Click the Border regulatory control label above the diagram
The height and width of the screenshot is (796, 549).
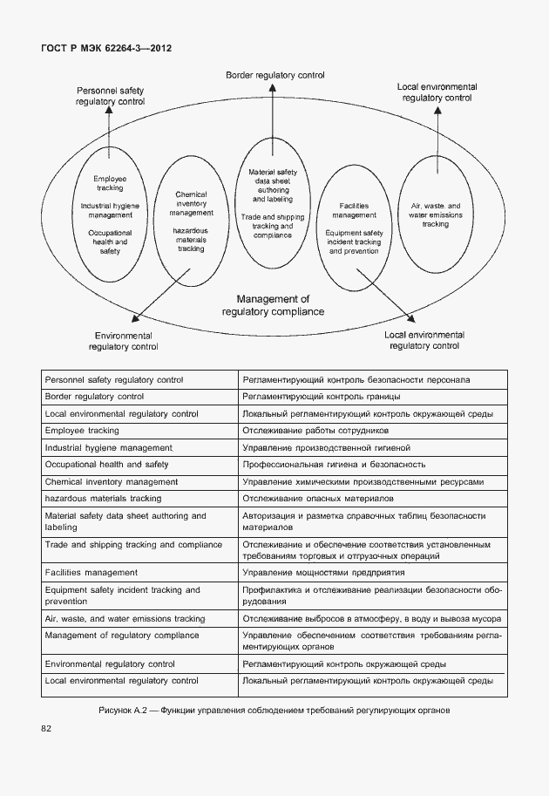pos(274,76)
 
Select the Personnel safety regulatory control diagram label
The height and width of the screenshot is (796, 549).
pos(111,96)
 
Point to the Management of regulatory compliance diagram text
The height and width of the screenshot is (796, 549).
pos(273,305)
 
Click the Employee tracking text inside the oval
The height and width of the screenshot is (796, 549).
pos(110,183)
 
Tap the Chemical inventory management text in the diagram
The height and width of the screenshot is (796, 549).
pos(191,203)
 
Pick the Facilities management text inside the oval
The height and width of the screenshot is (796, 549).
pos(354,209)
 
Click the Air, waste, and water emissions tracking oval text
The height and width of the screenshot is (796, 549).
pos(436,214)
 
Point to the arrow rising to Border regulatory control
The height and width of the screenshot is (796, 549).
pos(274,113)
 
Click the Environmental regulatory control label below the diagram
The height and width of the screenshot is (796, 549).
pos(123,341)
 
